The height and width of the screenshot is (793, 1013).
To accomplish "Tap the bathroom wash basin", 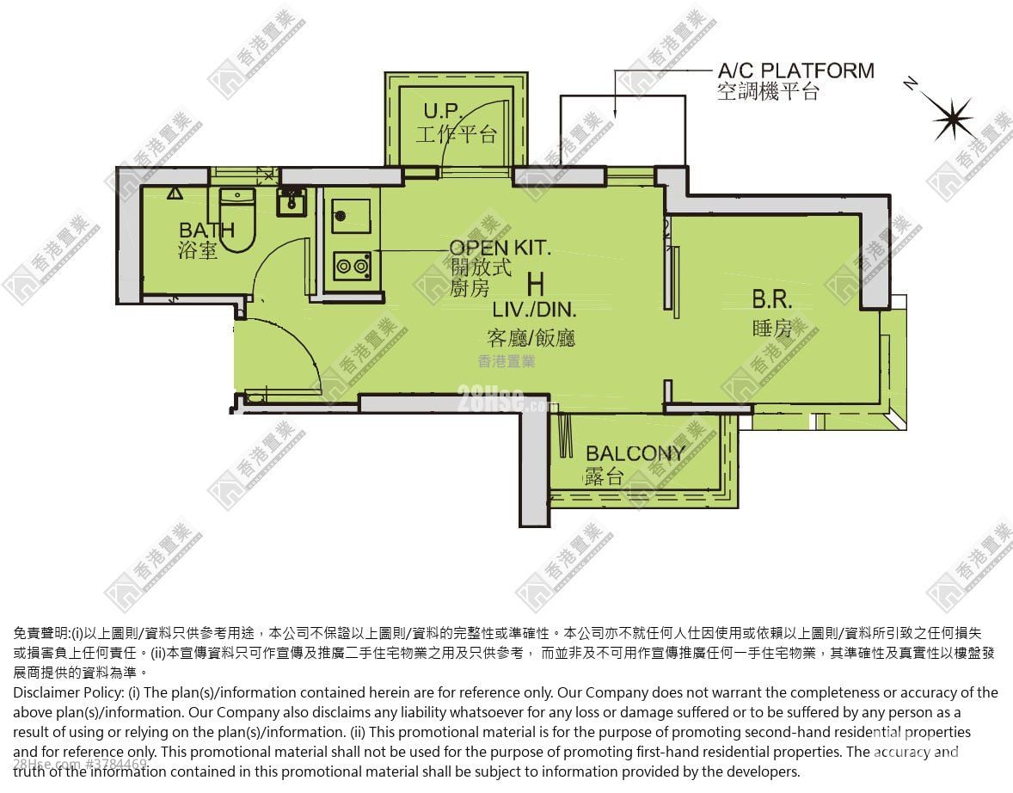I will [289, 204].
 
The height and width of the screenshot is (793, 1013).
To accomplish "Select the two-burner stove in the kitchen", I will [352, 266].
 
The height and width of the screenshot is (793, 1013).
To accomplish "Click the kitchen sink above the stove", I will [352, 216].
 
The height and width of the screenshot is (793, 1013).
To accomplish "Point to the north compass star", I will [952, 119].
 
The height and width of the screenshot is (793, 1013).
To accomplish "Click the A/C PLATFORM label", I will [795, 71].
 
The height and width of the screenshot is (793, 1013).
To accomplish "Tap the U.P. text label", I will [444, 111].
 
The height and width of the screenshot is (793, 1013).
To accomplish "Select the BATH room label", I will [206, 231].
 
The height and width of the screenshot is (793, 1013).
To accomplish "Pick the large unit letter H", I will [535, 283].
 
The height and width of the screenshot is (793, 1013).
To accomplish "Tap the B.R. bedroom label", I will [771, 300].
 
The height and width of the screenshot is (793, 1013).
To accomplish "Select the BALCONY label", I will [635, 453].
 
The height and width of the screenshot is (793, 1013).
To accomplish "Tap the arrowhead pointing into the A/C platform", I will [616, 112].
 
